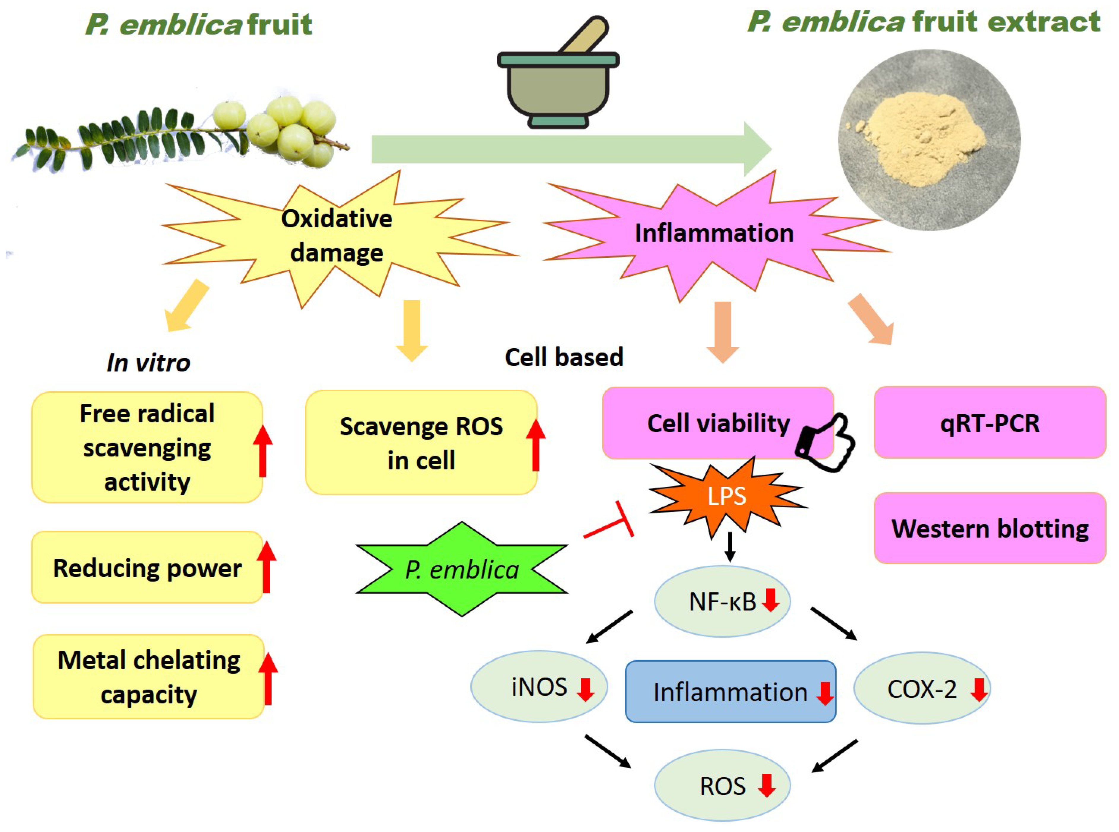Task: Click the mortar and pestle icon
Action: pos(558,80)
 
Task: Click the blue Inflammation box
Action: pos(730,692)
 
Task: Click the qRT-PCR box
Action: pos(990,423)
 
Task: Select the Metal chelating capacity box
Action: pos(148,677)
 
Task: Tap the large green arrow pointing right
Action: pos(569,149)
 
